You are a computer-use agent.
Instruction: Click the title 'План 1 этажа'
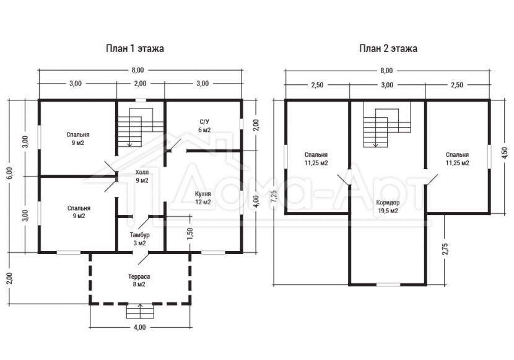[135, 48]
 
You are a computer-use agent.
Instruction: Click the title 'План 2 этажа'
[388, 48]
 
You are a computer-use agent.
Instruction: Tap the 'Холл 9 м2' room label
[142, 177]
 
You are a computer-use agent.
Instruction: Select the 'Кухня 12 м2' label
[203, 198]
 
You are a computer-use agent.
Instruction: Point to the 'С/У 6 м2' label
[204, 126]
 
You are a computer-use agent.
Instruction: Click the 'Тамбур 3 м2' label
[139, 239]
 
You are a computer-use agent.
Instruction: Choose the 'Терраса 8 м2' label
[139, 281]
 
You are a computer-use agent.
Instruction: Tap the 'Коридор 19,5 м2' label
[388, 207]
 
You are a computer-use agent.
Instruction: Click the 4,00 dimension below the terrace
[139, 327]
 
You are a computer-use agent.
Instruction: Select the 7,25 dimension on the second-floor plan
[274, 198]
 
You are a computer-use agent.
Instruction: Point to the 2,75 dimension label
[445, 248]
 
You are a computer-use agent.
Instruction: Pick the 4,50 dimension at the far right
[505, 153]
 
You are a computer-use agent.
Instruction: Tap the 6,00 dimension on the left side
[9, 172]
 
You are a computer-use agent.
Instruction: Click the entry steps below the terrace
[140, 311]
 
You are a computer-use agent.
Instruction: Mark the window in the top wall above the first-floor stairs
[141, 100]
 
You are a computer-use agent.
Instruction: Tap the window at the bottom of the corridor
[388, 284]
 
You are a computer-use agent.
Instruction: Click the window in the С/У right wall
[242, 123]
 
